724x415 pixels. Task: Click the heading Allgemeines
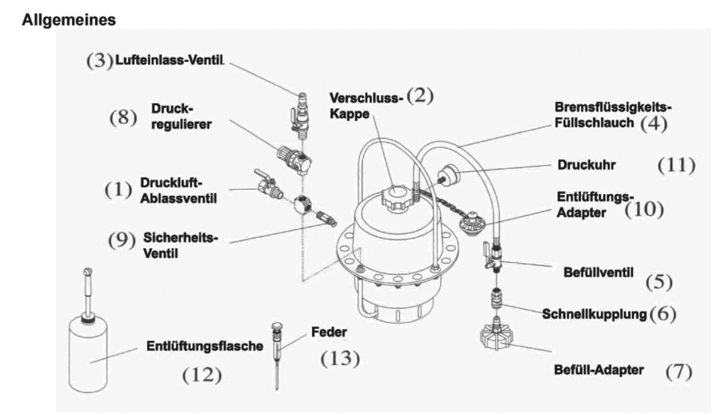(69, 20)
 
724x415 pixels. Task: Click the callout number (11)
(676, 165)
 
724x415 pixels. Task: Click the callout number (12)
(202, 375)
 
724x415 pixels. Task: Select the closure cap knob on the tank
(394, 198)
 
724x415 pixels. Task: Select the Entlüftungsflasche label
(205, 346)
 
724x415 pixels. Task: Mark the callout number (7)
(678, 371)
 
